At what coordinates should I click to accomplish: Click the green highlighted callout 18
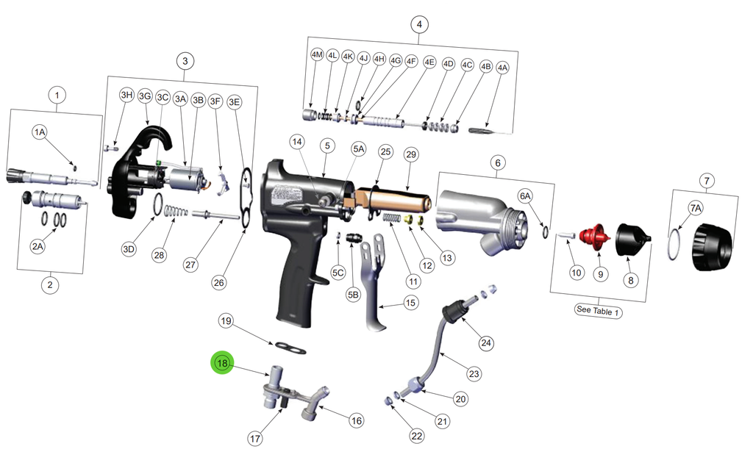point(222,363)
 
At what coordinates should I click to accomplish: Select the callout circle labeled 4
point(419,24)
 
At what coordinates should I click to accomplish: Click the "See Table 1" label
point(599,311)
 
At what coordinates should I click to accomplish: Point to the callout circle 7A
point(696,208)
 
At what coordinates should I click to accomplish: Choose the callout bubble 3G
point(145,96)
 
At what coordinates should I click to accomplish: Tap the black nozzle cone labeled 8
point(632,240)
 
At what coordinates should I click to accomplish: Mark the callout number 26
point(219,282)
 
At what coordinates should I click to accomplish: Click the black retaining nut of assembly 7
point(713,247)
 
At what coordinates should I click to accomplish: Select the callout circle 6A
point(525,195)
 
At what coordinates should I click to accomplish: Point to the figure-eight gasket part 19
point(290,347)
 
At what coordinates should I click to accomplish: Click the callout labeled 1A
point(40,132)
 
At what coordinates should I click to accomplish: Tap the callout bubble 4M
point(317,54)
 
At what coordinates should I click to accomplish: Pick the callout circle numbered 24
point(486,342)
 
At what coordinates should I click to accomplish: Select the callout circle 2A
point(38,247)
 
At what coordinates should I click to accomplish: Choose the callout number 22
point(417,436)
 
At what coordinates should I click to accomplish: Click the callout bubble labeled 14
point(297,142)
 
